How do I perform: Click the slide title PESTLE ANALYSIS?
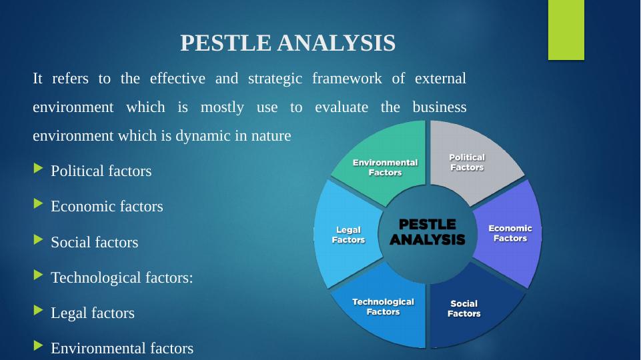tap(287, 43)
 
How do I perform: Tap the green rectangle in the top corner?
tap(566, 30)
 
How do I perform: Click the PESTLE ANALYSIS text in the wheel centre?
tap(427, 232)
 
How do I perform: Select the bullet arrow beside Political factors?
tap(39, 168)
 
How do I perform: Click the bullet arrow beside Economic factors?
tap(39, 203)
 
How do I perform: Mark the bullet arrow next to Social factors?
tap(39, 239)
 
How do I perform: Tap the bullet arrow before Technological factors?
tap(39, 275)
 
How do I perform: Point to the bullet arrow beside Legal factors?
tap(39, 310)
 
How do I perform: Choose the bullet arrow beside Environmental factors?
tap(39, 346)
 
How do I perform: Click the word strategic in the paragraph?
tap(275, 79)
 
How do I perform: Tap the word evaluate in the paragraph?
tap(342, 107)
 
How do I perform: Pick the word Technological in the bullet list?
tap(96, 278)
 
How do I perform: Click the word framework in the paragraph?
tap(347, 78)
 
